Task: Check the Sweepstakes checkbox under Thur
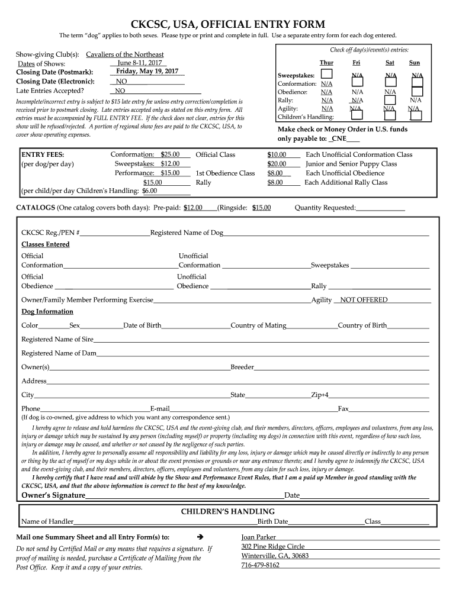(326, 74)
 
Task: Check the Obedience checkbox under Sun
(417, 92)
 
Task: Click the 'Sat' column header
(390, 62)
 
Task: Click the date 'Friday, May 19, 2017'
(147, 72)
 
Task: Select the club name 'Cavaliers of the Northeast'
(125, 54)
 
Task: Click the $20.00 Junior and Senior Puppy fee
(277, 164)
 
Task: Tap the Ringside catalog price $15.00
(261, 208)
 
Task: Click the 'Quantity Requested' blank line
(380, 208)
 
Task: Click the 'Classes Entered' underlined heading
(46, 244)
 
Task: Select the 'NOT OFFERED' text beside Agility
(364, 300)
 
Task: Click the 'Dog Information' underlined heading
(47, 312)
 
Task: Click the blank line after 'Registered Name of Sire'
(261, 340)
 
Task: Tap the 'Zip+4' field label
(320, 395)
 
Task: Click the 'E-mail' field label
(160, 409)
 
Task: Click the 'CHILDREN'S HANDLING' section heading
(227, 511)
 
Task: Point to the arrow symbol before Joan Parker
(199, 537)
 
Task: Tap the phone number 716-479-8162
(260, 565)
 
